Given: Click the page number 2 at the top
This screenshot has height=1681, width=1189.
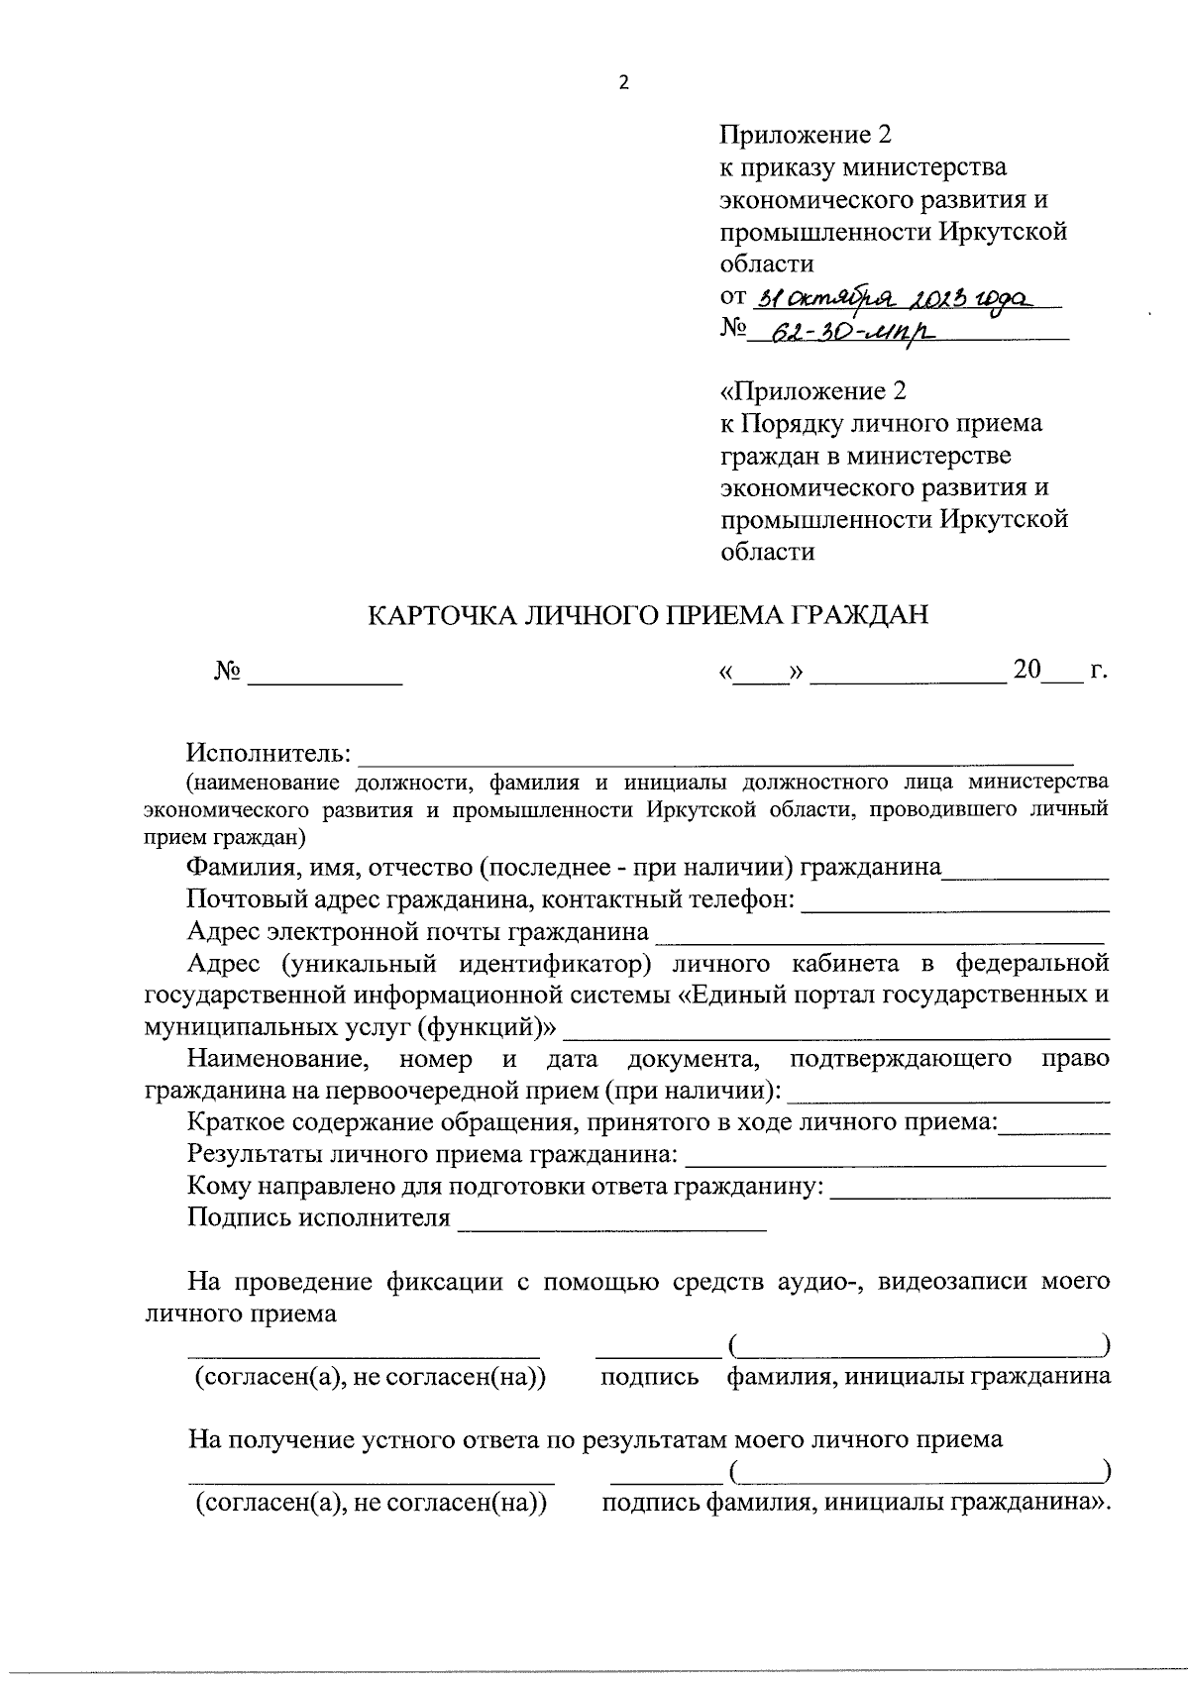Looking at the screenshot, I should pos(623,83).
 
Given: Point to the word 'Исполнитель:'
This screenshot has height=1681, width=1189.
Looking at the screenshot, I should pos(270,754).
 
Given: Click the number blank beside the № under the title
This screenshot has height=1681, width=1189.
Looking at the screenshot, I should pos(325,677).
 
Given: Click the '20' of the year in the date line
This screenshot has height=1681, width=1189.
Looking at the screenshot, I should pos(1027,671).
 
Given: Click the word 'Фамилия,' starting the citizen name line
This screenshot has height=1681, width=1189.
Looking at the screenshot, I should pos(231,869).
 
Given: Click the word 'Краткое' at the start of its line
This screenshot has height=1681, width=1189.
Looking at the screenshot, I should pos(229,1122).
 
